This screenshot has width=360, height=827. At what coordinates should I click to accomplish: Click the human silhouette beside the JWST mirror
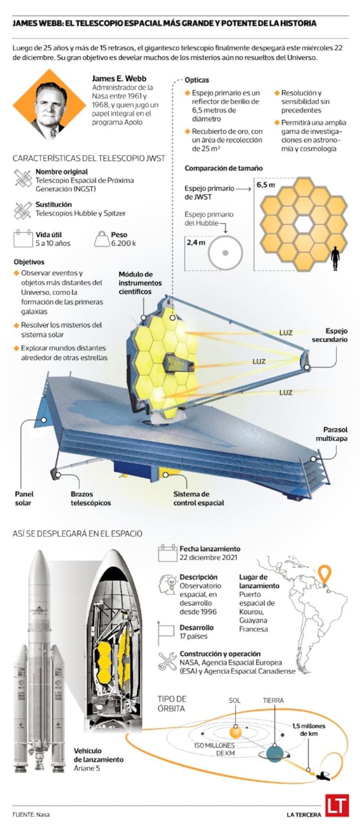coord(335,258)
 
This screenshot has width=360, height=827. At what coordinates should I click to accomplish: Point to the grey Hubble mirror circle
coord(225,253)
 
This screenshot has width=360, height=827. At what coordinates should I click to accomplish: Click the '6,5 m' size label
coord(265,185)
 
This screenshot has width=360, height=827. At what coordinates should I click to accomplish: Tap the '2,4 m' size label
coord(196,243)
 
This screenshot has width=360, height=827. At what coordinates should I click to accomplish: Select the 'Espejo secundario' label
coord(330,335)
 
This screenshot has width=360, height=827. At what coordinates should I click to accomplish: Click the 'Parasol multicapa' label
coord(332,434)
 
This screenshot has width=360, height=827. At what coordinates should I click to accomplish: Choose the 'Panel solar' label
coord(24,499)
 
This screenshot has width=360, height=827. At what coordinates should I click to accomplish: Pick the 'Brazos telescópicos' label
coord(90,499)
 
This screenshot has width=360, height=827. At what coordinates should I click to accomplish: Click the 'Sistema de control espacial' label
coord(198,499)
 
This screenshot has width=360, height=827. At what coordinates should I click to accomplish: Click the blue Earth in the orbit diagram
coord(275,753)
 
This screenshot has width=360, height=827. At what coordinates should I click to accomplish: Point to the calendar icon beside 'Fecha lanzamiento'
coord(167,553)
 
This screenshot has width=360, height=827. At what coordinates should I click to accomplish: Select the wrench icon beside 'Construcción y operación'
coord(167,662)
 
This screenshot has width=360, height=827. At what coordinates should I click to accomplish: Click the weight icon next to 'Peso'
coord(102,239)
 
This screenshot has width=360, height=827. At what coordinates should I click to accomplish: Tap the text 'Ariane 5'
coord(87,768)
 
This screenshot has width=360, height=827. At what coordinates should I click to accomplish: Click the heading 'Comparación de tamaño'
coord(224,168)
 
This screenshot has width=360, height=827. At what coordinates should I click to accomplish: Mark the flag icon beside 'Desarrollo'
coord(166,633)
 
